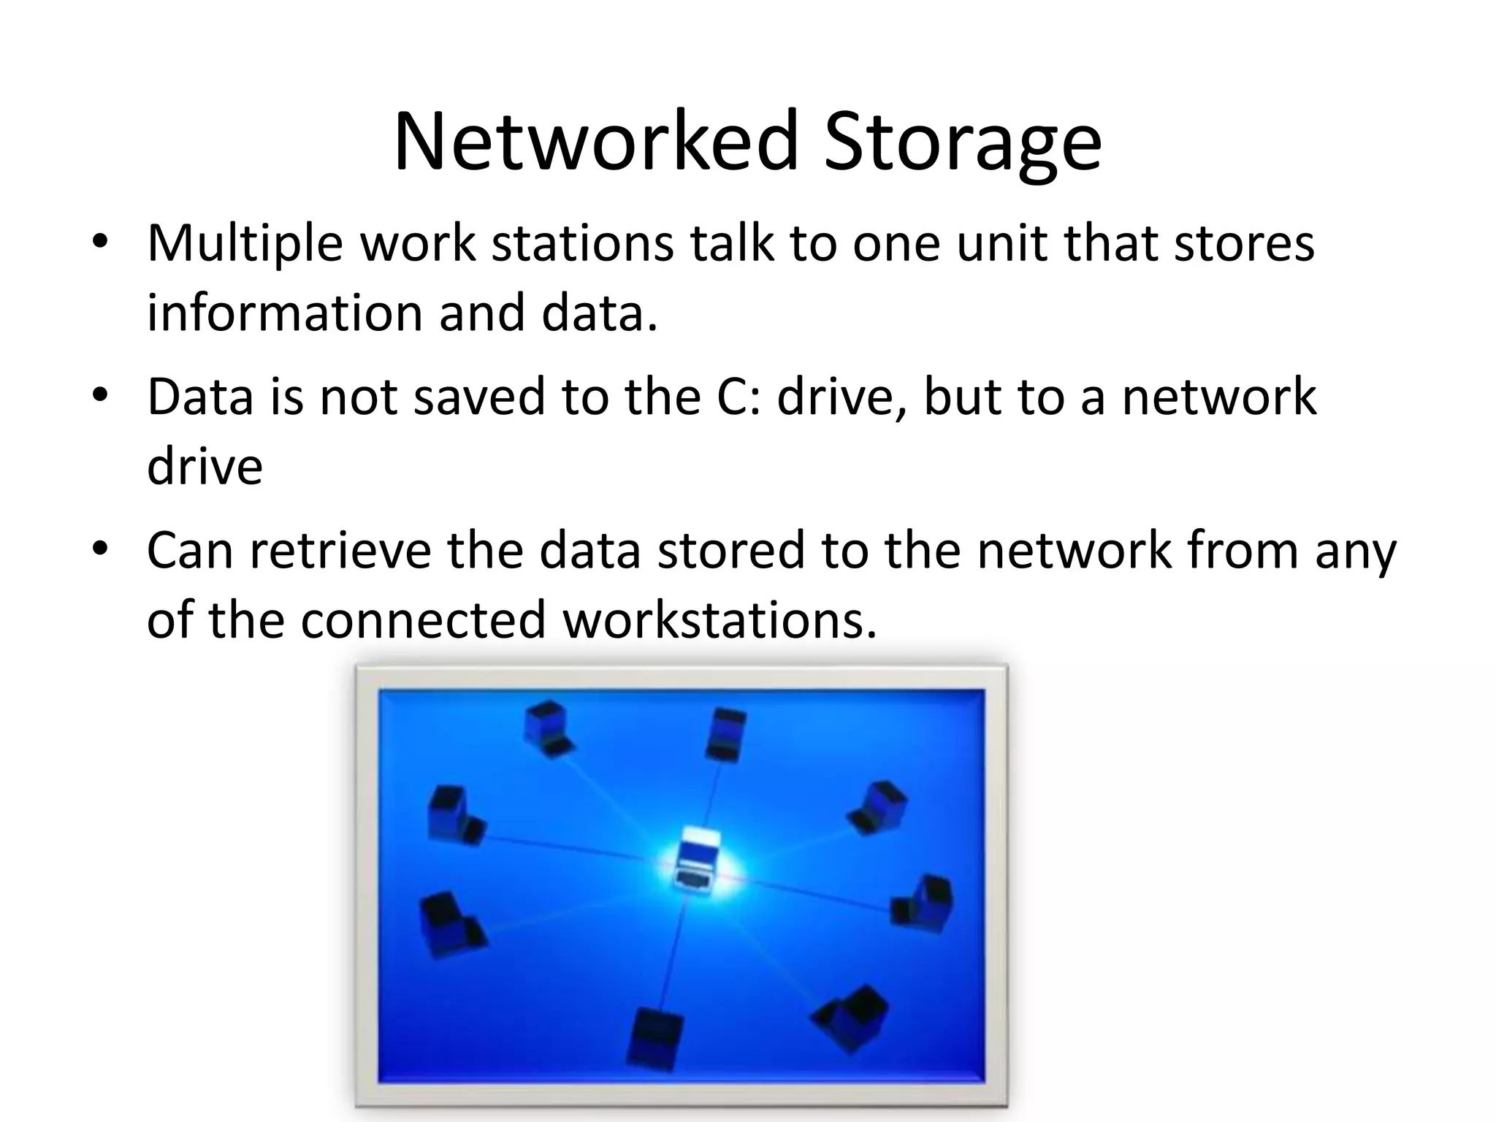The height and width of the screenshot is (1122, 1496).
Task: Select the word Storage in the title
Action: tap(962, 143)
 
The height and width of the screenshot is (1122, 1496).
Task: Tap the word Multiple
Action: tap(245, 243)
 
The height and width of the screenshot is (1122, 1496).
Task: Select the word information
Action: tap(283, 313)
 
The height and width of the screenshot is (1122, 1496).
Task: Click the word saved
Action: tap(479, 397)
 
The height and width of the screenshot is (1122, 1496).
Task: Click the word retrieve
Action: tap(340, 550)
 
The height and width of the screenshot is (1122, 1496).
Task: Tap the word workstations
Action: tap(719, 619)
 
